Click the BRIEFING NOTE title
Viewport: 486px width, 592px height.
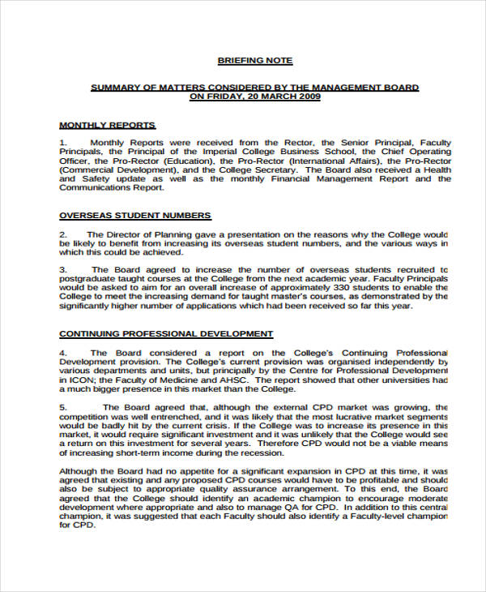255,61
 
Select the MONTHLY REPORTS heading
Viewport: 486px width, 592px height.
108,125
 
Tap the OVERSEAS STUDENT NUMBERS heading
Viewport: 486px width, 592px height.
135,216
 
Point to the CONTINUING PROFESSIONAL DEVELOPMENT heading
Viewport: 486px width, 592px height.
167,333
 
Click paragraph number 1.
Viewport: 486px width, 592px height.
62,143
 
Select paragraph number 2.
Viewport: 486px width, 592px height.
62,234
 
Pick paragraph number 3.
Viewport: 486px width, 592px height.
62,269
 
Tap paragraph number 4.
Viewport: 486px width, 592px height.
62,353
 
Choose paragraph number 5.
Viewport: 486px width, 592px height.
62,407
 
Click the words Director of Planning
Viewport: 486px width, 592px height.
143,234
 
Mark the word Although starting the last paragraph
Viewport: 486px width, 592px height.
80,470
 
